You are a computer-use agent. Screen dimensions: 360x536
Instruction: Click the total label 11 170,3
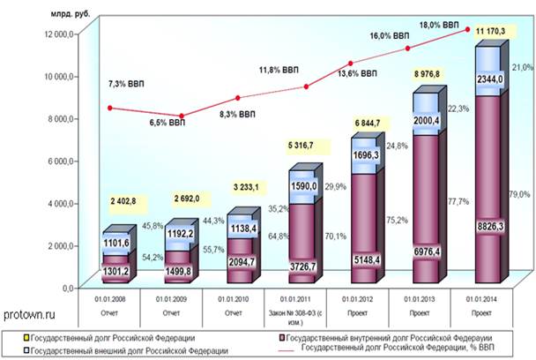490,32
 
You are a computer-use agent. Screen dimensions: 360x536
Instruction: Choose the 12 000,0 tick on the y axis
55,34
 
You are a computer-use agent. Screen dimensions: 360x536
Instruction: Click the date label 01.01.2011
301,300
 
